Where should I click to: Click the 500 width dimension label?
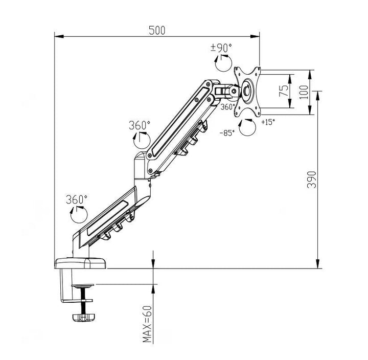[157, 30]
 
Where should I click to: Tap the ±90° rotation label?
[221, 48]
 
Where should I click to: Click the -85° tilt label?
[227, 132]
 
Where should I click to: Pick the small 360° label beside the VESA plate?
[227, 107]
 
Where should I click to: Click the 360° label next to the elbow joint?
[140, 125]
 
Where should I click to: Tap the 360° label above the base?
[77, 198]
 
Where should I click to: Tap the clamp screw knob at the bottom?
[83, 317]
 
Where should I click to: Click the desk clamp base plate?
[80, 264]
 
